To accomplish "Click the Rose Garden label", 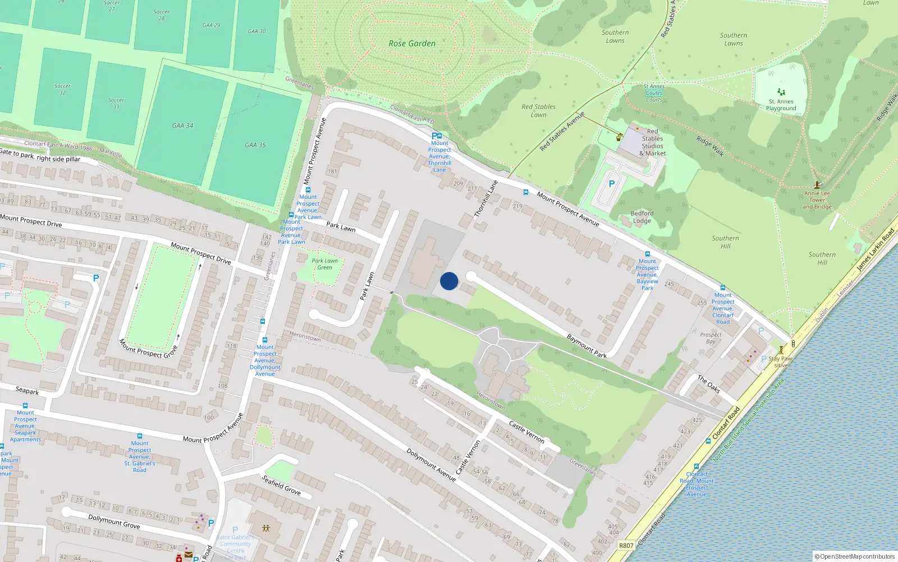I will [412, 43].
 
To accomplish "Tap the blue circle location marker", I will [449, 281].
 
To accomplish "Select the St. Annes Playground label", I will [781, 105].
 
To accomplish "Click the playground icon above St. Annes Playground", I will [781, 92].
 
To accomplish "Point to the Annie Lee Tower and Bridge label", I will [817, 200].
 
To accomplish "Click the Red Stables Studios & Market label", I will [652, 142].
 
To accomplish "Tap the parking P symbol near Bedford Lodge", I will [611, 184].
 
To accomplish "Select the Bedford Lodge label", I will [642, 217].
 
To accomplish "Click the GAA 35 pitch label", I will [255, 145].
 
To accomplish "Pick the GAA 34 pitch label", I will [182, 126].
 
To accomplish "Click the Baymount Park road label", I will [587, 346].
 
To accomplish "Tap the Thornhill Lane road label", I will [486, 199].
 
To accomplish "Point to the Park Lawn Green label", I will [325, 264].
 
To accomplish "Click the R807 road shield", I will [626, 546].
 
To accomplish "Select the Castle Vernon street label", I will [526, 432].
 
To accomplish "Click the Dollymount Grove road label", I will [114, 521].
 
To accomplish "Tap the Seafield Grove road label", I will [282, 485].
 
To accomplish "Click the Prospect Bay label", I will [711, 338].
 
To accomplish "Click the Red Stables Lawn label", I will [538, 111].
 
